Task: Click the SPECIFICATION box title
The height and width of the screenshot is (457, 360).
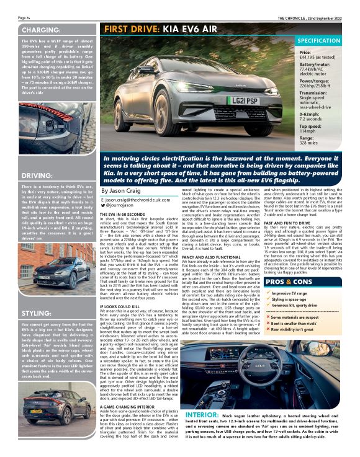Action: (x=319, y=40)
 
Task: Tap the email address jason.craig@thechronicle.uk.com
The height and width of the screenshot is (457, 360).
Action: (x=137, y=202)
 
